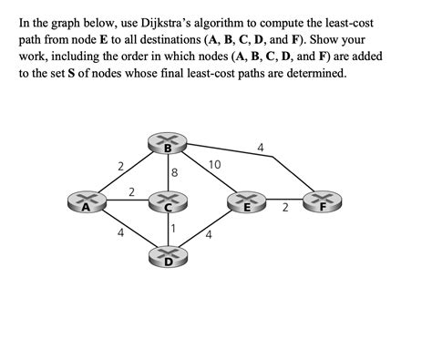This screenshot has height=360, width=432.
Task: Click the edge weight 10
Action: pyautogui.click(x=215, y=165)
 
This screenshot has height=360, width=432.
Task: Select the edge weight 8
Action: pyautogui.click(x=174, y=172)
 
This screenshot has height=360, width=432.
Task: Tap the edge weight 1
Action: pyautogui.click(x=173, y=227)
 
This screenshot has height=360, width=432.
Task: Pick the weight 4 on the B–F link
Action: pyautogui.click(x=261, y=147)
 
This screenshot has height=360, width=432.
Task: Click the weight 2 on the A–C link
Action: pyautogui.click(x=132, y=191)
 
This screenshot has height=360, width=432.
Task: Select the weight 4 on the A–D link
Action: pyautogui.click(x=120, y=233)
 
